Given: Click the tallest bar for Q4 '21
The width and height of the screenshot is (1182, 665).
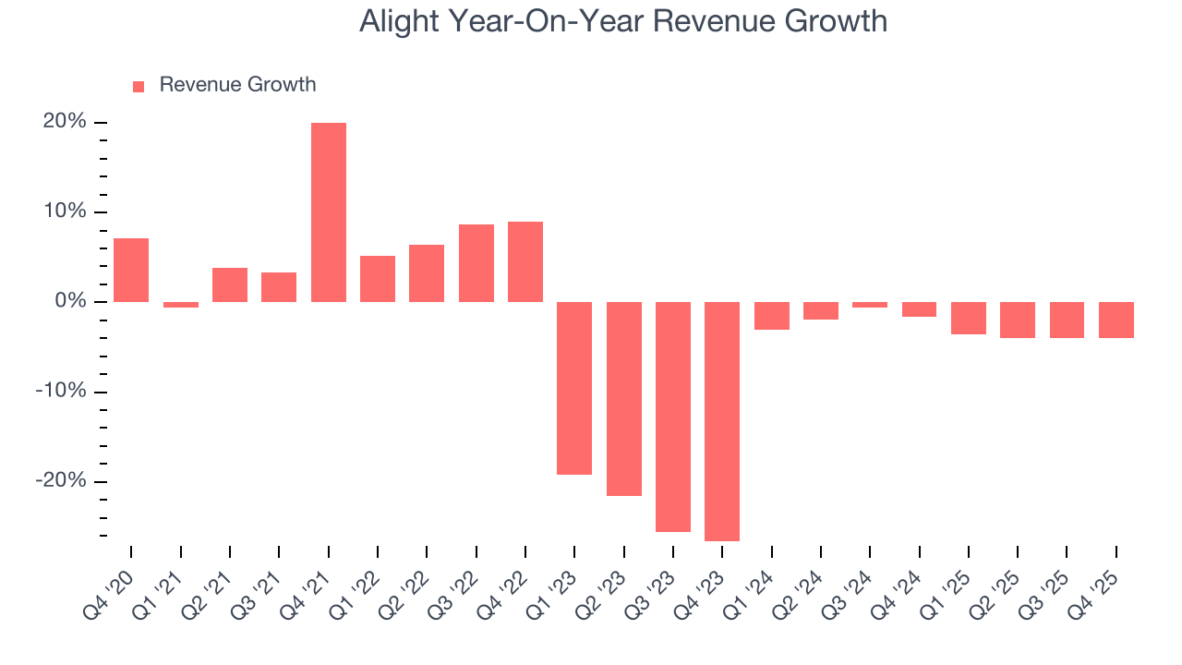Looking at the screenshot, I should point(328,212).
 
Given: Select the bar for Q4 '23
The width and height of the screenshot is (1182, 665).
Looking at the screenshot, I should point(722,421).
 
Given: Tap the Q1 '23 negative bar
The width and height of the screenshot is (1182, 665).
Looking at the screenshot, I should point(574,388).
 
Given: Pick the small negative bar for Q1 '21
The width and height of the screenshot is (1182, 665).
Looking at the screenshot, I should point(180,305).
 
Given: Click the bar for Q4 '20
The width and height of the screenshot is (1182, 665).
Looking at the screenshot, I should point(131,270).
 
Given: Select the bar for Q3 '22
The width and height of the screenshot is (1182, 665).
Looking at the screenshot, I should point(476,263).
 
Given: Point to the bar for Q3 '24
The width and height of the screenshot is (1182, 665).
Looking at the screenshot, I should point(870,305).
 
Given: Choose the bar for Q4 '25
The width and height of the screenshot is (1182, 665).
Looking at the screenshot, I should point(1116,320).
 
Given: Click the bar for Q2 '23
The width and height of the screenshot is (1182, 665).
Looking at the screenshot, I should point(623,399).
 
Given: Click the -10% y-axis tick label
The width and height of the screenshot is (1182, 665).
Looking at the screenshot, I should point(61,392).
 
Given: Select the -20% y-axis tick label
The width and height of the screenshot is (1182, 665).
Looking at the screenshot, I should point(61,481).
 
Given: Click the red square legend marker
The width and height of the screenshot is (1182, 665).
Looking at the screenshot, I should point(139,87).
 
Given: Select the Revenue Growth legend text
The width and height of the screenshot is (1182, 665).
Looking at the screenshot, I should point(237,85).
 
